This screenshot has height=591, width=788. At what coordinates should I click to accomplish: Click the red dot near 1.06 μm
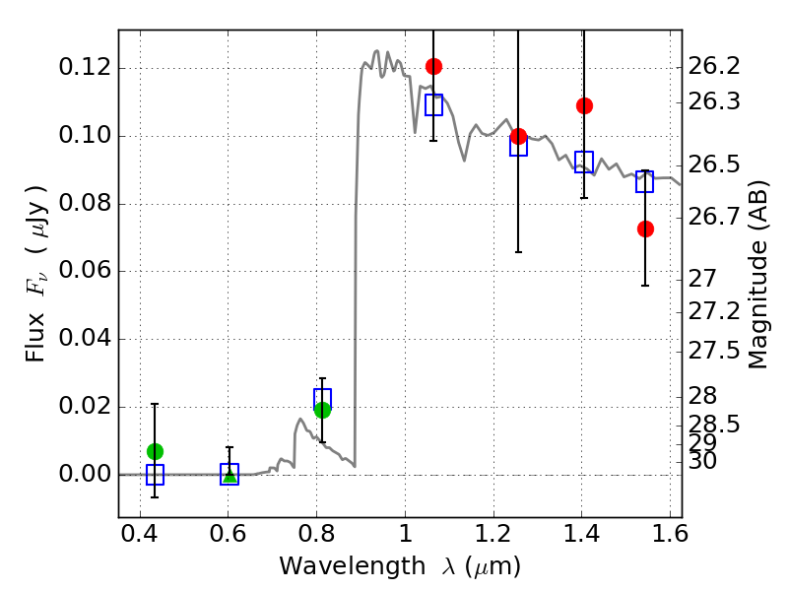coord(433,66)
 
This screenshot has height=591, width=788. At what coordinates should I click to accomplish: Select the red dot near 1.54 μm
coord(645,230)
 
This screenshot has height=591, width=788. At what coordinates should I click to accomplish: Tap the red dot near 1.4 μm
coord(584,106)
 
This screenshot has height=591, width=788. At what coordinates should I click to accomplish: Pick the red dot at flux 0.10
coord(518,136)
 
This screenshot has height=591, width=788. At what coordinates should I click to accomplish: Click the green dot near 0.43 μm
coord(155,452)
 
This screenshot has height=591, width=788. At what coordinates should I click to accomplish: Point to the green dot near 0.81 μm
coord(323,410)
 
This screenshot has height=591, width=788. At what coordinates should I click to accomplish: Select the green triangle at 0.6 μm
coord(230,476)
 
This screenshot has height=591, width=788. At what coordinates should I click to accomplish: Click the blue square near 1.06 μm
coord(433,104)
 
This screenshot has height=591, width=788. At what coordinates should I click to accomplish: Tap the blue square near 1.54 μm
coord(645,181)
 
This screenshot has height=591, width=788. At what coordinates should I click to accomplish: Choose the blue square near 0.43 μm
coord(155,475)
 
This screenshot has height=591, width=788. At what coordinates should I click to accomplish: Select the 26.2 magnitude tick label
coord(714,66)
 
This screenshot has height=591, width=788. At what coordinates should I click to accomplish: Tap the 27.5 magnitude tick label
coord(714,351)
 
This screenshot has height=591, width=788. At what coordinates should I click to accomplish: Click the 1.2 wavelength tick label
coord(493,533)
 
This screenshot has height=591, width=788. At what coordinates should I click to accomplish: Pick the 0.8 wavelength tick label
coord(316,533)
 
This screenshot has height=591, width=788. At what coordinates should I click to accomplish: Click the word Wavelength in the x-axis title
coord(353,565)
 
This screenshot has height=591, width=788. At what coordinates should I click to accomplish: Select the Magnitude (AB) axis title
coord(757,275)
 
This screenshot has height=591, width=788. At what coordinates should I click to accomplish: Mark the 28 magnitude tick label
coord(702,396)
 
